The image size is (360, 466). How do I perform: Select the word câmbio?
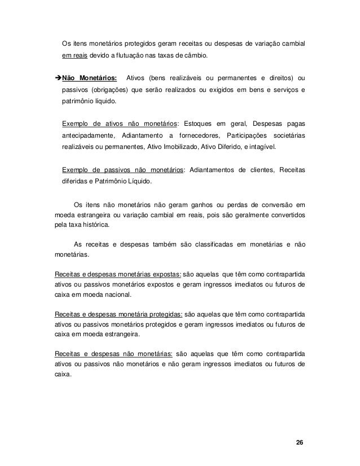pos(195,56)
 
